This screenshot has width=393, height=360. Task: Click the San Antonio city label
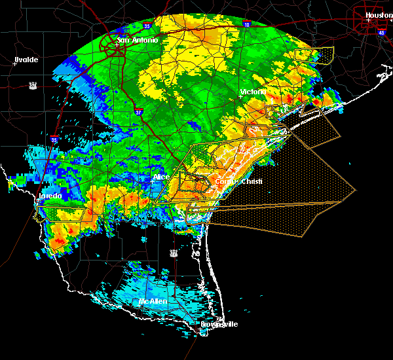tap(138, 41)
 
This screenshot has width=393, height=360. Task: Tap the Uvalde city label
tap(26, 60)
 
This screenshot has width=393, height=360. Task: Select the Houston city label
tap(379, 15)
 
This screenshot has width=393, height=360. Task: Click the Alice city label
tap(161, 177)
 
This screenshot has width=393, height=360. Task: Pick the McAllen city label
tap(153, 302)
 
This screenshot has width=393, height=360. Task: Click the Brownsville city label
tap(219, 324)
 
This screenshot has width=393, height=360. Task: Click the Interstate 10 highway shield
tap(246, 24)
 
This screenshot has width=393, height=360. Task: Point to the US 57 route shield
tap(33, 84)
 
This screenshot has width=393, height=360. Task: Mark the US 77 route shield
tap(174, 252)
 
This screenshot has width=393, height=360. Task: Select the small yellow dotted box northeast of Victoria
tap(314, 54)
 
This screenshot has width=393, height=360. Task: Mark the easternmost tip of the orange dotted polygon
tap(355, 190)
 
